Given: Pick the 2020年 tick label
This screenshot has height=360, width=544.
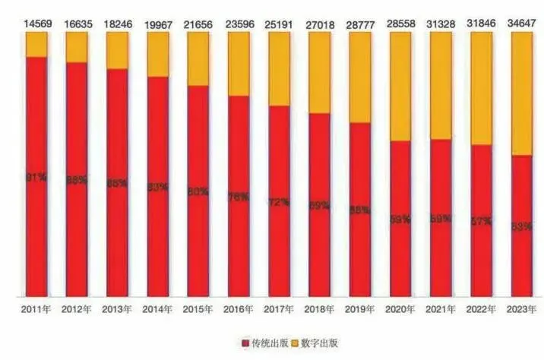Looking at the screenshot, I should point(400,310).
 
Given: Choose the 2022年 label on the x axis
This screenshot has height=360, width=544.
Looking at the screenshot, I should point(482,310).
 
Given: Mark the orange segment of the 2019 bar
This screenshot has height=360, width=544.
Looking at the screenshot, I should point(360,76).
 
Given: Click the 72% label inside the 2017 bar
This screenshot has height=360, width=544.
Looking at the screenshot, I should point(279,203).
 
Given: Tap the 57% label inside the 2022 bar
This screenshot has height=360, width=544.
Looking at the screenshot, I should point(481,222).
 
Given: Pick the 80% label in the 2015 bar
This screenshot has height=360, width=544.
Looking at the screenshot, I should point(198,191).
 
